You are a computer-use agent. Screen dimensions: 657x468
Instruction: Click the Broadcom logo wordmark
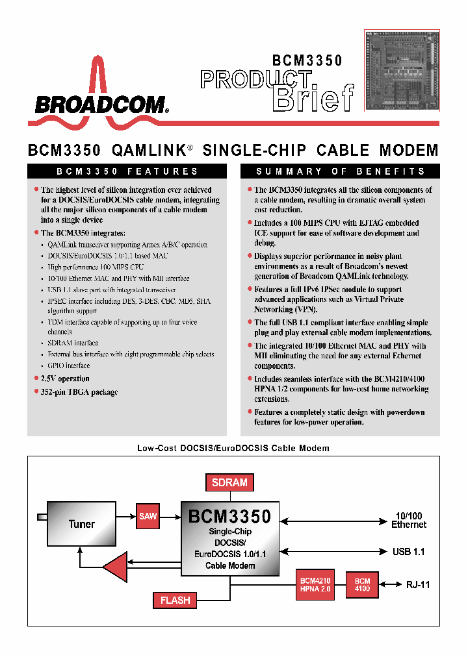click(x=101, y=104)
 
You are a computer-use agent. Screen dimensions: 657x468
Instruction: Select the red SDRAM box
click(x=229, y=482)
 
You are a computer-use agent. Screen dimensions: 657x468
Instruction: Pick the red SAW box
click(x=148, y=516)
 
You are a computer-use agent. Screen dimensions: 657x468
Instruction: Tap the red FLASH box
click(x=175, y=600)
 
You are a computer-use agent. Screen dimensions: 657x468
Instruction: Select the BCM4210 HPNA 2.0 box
click(x=315, y=584)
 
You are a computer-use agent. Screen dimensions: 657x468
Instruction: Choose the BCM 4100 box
click(x=362, y=584)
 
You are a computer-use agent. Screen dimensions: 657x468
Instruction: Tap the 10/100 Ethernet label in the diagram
click(x=409, y=520)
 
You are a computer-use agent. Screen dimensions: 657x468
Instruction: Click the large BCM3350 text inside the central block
click(x=229, y=517)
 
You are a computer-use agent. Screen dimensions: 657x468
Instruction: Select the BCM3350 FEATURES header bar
click(x=127, y=171)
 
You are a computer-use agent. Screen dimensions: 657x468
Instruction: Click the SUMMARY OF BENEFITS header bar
click(x=340, y=171)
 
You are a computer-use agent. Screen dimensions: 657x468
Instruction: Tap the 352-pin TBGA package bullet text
click(x=79, y=391)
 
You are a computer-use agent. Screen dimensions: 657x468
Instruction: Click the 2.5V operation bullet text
click(x=65, y=378)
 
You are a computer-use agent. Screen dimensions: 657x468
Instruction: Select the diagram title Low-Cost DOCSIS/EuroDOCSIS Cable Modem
click(x=233, y=448)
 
